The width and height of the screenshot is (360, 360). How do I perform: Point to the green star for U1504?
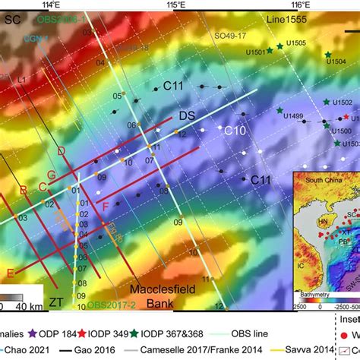(x=328, y=55)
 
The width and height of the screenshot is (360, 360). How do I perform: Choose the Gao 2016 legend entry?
(x=95, y=352)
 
